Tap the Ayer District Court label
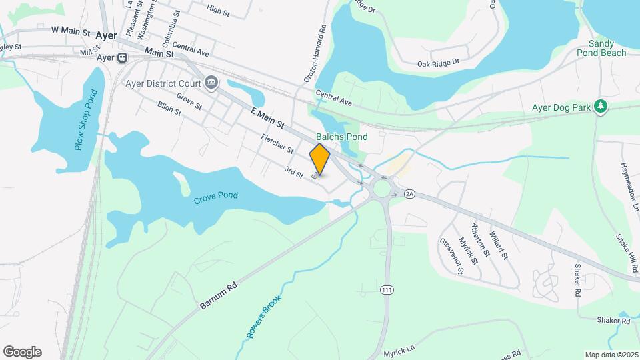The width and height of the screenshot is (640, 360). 163,84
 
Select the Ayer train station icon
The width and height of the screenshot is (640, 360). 123,58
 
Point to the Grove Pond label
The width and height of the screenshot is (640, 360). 216,196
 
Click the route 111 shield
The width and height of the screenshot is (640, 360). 387,290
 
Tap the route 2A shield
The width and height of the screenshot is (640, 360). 409,194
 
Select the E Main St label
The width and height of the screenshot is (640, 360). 268,119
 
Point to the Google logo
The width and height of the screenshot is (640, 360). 22,352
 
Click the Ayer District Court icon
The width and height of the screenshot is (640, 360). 212,83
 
